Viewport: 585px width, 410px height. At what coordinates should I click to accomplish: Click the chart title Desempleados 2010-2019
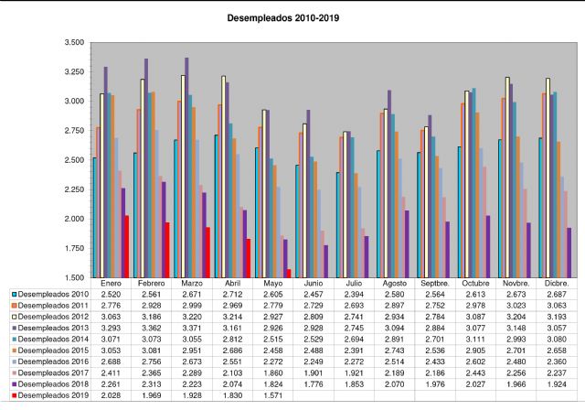[x=291, y=17]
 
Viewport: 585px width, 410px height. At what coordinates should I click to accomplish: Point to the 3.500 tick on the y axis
[x=73, y=42]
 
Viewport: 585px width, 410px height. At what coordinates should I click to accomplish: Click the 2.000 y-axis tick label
[x=73, y=220]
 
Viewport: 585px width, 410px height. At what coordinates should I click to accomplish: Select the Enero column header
[x=111, y=285]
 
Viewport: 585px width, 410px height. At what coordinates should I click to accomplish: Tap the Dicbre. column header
[x=555, y=285]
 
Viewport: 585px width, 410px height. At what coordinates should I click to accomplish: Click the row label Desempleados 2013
[x=52, y=326]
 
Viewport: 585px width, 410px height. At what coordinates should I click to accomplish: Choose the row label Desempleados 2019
[x=52, y=395]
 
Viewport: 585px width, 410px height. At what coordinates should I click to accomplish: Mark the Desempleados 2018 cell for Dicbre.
[x=555, y=383]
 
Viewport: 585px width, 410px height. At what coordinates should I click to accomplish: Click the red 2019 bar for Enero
[x=126, y=246]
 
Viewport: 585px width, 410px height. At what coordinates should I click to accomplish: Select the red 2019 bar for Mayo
[x=288, y=273]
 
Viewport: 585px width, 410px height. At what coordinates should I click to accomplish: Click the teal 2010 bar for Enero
[x=94, y=217]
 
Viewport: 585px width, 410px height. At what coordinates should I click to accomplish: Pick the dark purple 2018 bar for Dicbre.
[x=569, y=253]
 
